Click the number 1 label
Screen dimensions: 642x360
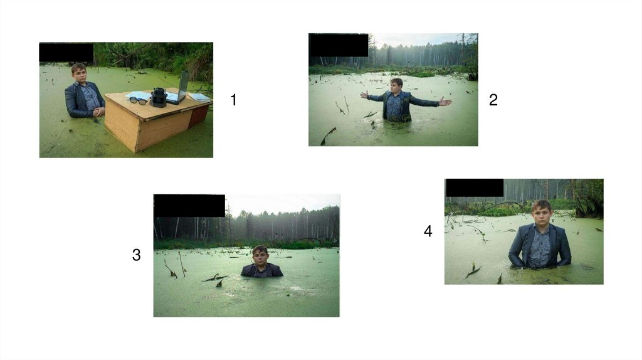click(233, 100)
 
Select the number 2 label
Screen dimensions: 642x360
click(493, 100)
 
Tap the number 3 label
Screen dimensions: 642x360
click(136, 255)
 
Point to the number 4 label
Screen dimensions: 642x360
click(428, 231)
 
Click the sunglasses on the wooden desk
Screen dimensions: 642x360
click(138, 101)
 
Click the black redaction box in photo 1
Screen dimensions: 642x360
click(66, 52)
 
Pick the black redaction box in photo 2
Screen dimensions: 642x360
click(339, 45)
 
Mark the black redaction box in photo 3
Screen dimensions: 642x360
click(189, 206)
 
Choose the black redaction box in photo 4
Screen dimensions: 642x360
click(475, 188)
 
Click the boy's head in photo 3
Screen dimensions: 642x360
click(260, 255)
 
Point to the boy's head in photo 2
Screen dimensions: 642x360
click(396, 85)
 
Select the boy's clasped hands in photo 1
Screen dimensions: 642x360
click(98, 111)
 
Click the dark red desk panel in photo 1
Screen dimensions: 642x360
click(199, 115)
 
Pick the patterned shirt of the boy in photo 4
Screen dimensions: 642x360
click(539, 247)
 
